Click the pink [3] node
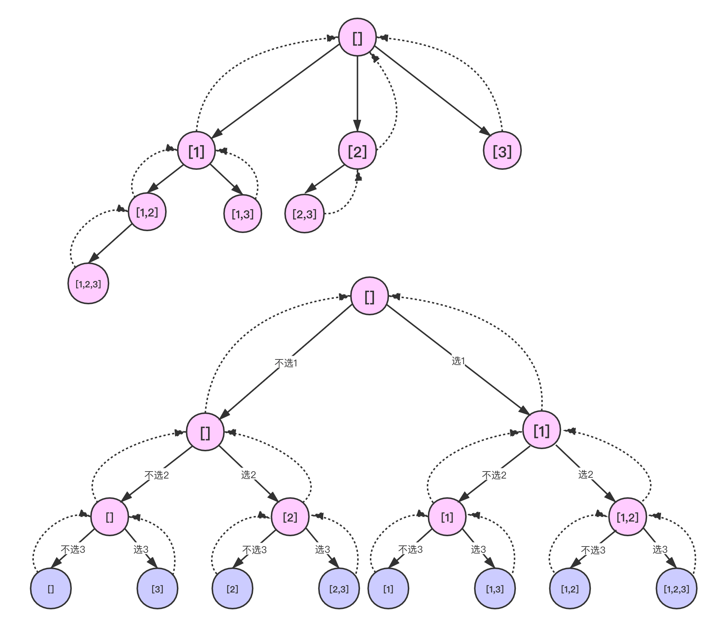pos(502,151)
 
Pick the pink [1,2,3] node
pos(88,284)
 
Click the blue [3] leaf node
pos(157,589)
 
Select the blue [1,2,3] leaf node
pos(677,589)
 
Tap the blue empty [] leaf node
pos(51,589)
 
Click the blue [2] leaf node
pos(232,589)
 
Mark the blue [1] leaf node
pos(388,589)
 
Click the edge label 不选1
pos(286,363)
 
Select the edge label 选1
pos(458,361)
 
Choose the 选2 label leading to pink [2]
pos(249,474)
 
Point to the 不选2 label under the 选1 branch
pos(494,475)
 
